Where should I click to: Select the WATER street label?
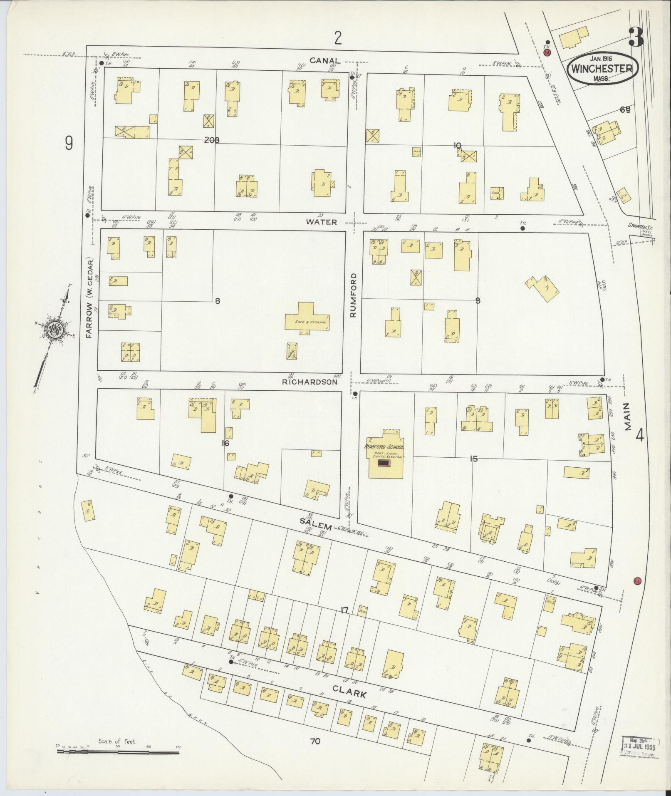322,222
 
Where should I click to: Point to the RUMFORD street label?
354,296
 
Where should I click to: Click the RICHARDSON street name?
309,381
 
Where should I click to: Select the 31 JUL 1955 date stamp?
640,746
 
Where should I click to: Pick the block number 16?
225,444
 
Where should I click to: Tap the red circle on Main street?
636,581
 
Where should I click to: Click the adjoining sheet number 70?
315,741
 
